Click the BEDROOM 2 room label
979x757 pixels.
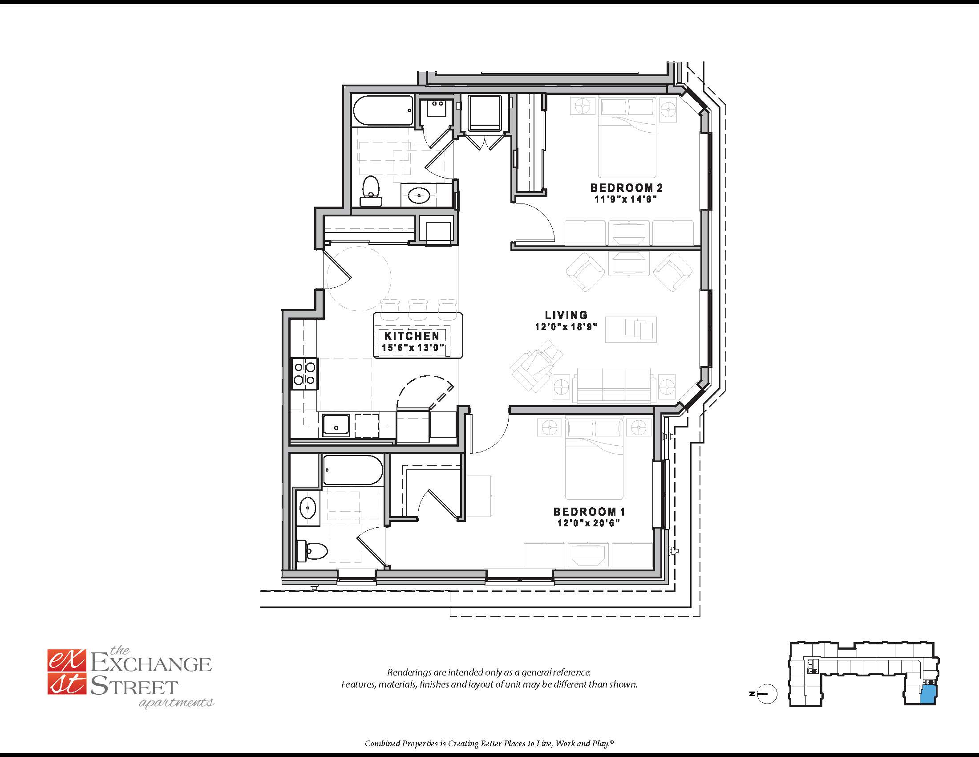click(626, 187)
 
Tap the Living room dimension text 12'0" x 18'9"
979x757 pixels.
click(566, 326)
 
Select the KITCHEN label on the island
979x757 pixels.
click(412, 335)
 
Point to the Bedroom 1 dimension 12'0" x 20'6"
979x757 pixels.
click(589, 523)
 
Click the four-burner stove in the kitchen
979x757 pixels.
click(304, 374)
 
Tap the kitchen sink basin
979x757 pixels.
click(336, 426)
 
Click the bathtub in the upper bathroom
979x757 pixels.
click(383, 111)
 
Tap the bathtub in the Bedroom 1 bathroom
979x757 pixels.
click(353, 470)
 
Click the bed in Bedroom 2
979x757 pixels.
click(627, 137)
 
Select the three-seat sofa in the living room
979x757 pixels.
click(614, 385)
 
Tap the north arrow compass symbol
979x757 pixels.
click(767, 694)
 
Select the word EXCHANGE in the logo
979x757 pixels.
click(151, 663)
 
